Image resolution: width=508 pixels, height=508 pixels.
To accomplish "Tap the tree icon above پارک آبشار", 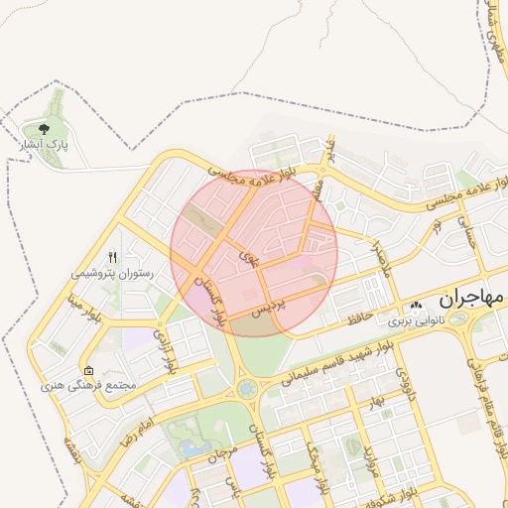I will pyautogui.click(x=43, y=129).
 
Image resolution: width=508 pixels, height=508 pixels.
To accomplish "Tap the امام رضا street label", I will pyautogui.click(x=133, y=426).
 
